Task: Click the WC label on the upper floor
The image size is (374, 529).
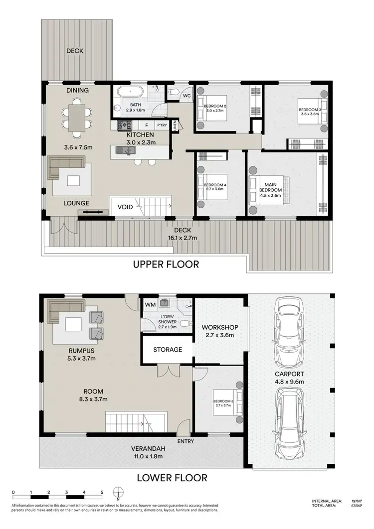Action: point(187,96)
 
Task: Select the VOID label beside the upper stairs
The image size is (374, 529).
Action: point(125,207)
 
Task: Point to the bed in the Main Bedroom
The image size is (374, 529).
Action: point(270,190)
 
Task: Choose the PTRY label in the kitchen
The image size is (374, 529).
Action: point(162,126)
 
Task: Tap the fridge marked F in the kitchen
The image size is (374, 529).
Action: point(147,126)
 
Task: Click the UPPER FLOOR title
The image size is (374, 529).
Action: point(166,264)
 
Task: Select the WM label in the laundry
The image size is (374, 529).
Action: point(150,304)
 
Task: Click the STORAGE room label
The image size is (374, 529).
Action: point(168,350)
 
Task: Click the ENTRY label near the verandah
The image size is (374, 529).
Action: point(186,441)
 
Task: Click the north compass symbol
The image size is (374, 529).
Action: point(118,493)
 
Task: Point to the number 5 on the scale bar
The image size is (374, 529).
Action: point(102,492)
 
